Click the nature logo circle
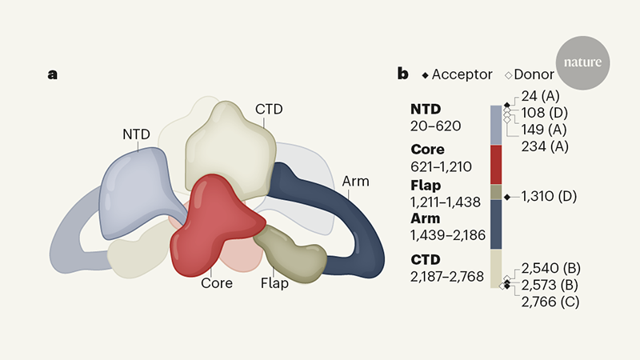(583, 62)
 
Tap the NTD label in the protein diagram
(136, 134)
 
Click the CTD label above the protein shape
(269, 108)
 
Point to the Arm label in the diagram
(355, 181)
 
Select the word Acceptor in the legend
(463, 74)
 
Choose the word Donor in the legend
(534, 74)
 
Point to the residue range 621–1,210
(442, 166)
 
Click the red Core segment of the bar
(496, 164)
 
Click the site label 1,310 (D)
(551, 196)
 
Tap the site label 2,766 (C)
(550, 302)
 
